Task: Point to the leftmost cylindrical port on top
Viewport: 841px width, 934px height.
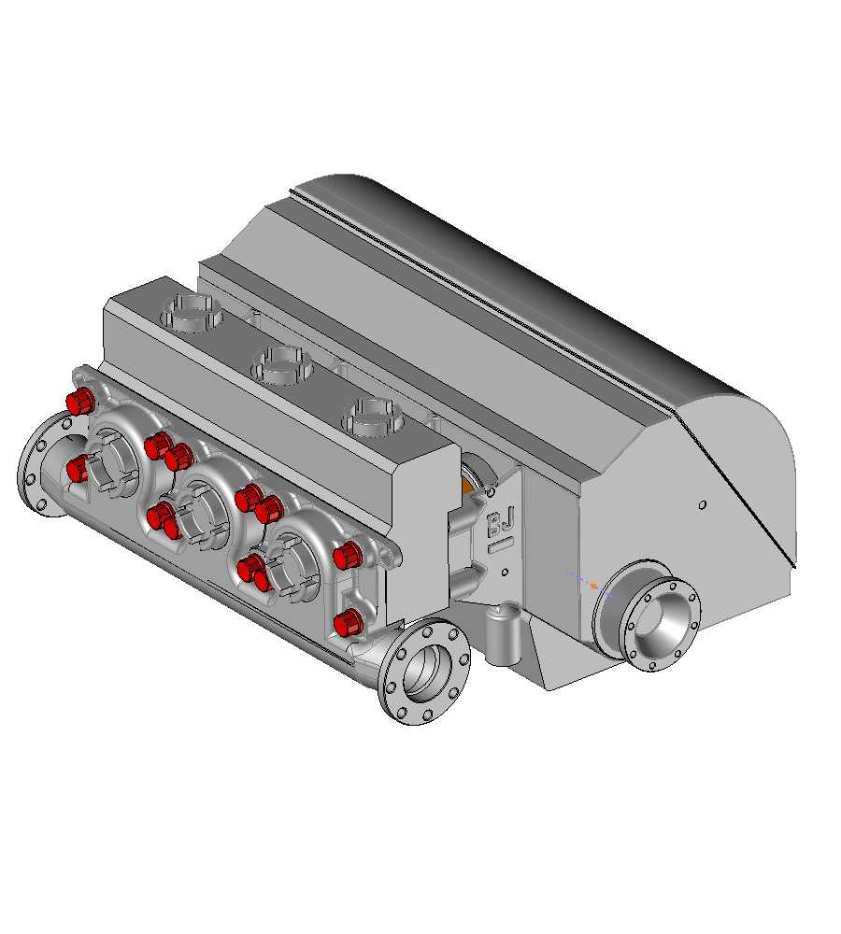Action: pos(192,313)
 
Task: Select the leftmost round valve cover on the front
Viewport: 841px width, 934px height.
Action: pos(118,451)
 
